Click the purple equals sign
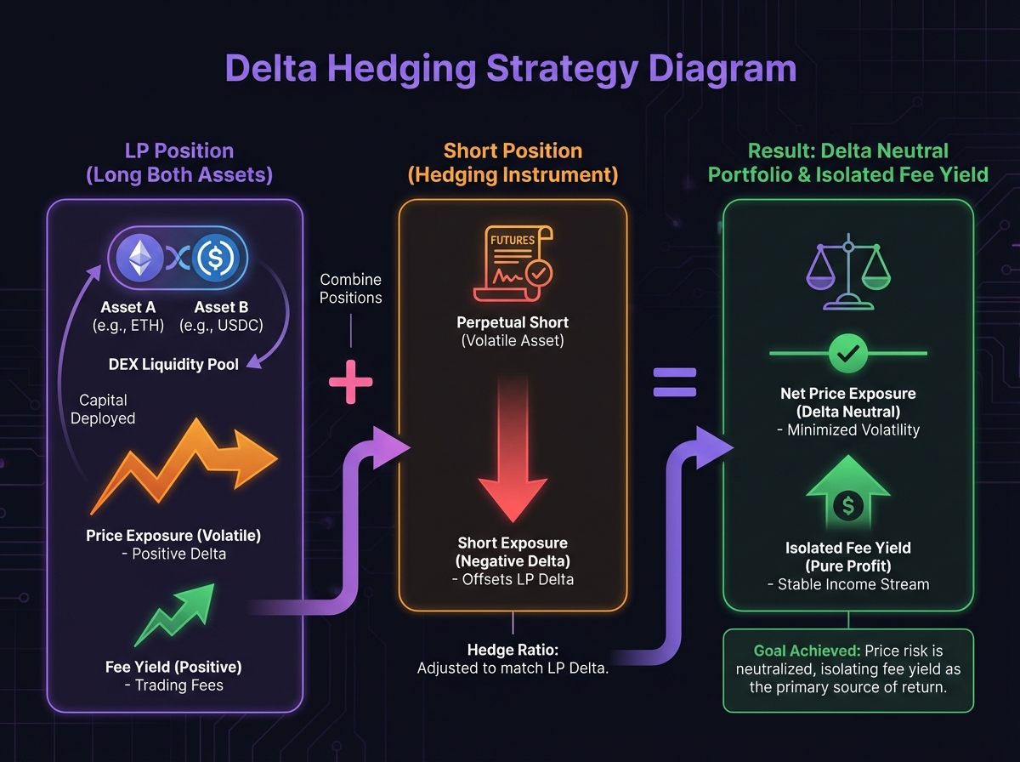click(x=674, y=382)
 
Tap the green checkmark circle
click(x=847, y=352)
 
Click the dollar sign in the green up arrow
click(x=847, y=505)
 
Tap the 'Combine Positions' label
click(x=350, y=288)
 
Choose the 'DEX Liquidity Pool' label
click(x=173, y=364)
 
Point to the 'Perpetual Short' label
click(x=512, y=323)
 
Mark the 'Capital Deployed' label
click(x=103, y=408)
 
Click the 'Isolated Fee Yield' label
click(x=847, y=549)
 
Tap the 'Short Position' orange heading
click(x=513, y=151)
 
